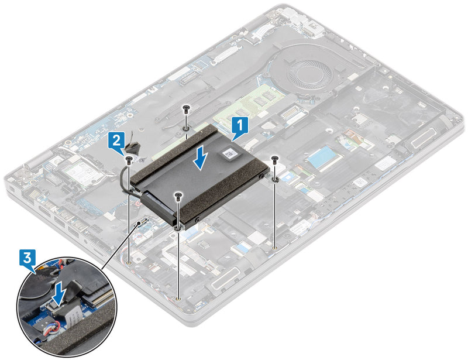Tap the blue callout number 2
117,140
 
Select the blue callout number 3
26,256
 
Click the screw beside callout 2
128,157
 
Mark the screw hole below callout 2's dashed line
128,263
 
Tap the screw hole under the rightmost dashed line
274,248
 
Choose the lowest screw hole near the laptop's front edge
178,298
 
